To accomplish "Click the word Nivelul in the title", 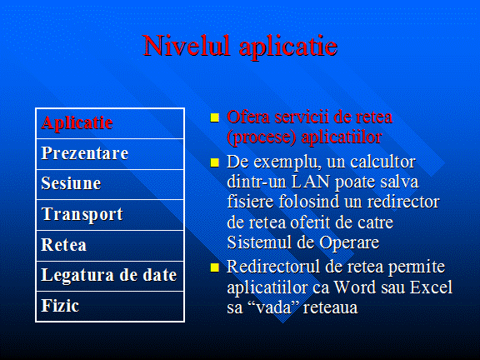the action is tap(186, 46).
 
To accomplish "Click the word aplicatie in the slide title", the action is tap(288, 47).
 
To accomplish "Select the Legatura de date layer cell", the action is tap(109, 275).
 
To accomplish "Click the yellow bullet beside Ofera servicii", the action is tap(215, 117).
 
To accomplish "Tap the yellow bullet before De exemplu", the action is tap(215, 162).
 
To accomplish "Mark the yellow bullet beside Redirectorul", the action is tap(215, 267).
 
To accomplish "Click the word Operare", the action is tap(349, 243).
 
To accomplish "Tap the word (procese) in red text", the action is tap(262, 137).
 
